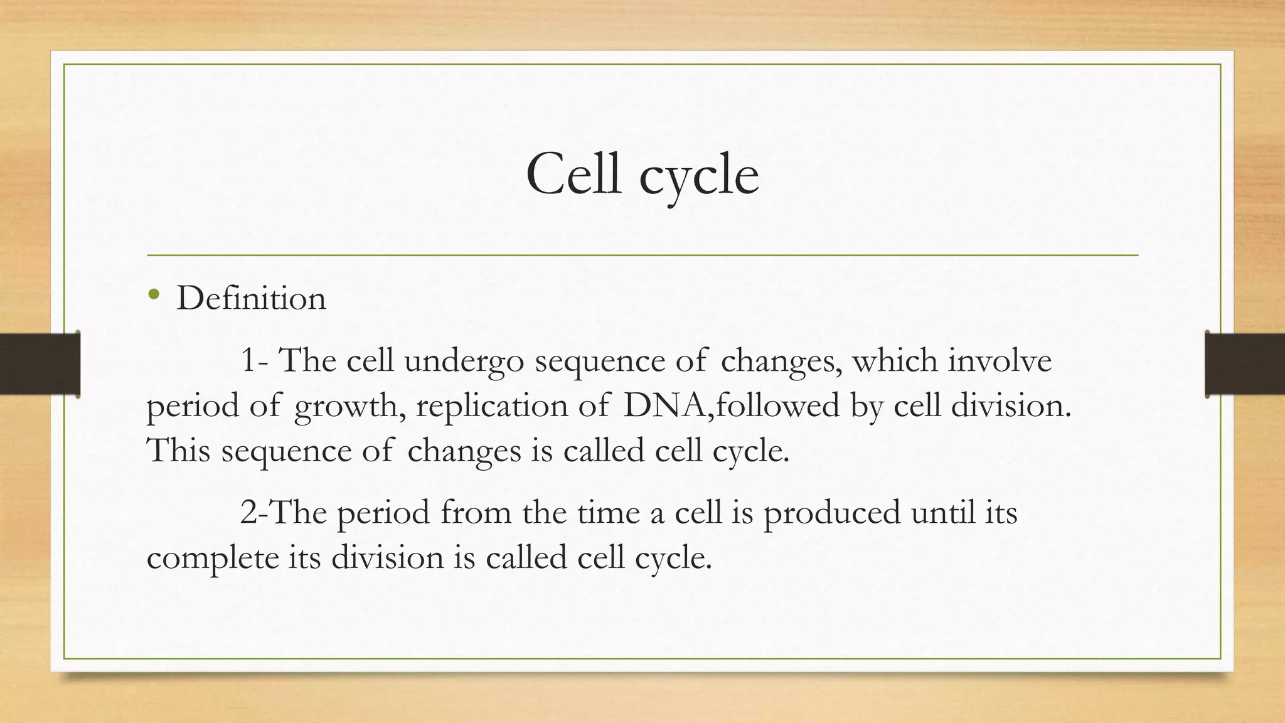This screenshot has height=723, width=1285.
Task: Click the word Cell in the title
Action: coord(573,174)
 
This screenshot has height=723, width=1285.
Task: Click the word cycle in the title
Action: coord(699,177)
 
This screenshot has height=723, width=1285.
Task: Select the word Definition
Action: coord(251,298)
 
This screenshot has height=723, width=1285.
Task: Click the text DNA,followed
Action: coord(731,405)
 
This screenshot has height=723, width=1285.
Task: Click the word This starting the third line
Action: coord(178,451)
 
